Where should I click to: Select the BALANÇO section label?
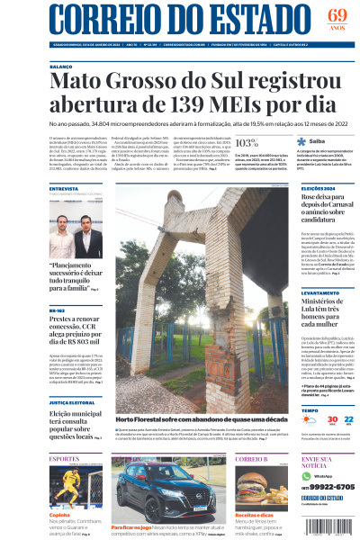coord(62,65)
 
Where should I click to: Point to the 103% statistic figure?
coord(246,141)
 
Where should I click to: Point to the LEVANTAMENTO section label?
coord(319,292)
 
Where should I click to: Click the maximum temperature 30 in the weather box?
coord(307,419)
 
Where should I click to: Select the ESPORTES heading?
coord(65,459)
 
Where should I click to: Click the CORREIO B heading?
coord(251,459)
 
